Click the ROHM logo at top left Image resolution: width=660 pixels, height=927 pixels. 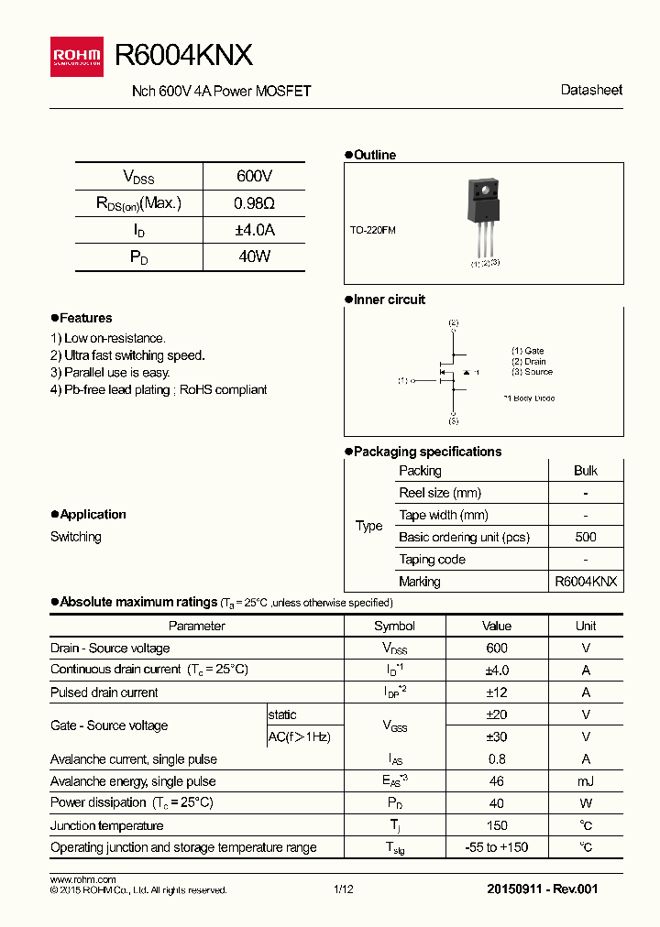[77, 56]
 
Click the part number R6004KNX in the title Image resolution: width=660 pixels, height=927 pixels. [182, 56]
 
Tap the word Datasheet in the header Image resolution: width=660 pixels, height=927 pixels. [590, 90]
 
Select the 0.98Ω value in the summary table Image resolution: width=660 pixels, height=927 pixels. [254, 203]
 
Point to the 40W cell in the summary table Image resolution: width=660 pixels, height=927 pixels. [254, 257]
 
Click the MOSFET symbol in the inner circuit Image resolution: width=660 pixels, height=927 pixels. [451, 373]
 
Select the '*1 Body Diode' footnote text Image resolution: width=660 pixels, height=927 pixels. [529, 398]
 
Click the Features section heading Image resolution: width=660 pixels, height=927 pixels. [85, 318]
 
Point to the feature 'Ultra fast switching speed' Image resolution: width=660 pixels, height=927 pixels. [127, 355]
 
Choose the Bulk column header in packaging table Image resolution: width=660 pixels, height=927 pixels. [585, 471]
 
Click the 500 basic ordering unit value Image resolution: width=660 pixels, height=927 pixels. [585, 538]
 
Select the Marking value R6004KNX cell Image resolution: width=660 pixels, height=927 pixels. [585, 582]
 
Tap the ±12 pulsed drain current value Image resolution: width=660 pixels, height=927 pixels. [496, 693]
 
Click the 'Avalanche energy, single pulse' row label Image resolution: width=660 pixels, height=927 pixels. [133, 781]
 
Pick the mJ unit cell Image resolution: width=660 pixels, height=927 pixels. [585, 781]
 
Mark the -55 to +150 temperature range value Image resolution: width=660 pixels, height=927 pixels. [496, 847]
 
